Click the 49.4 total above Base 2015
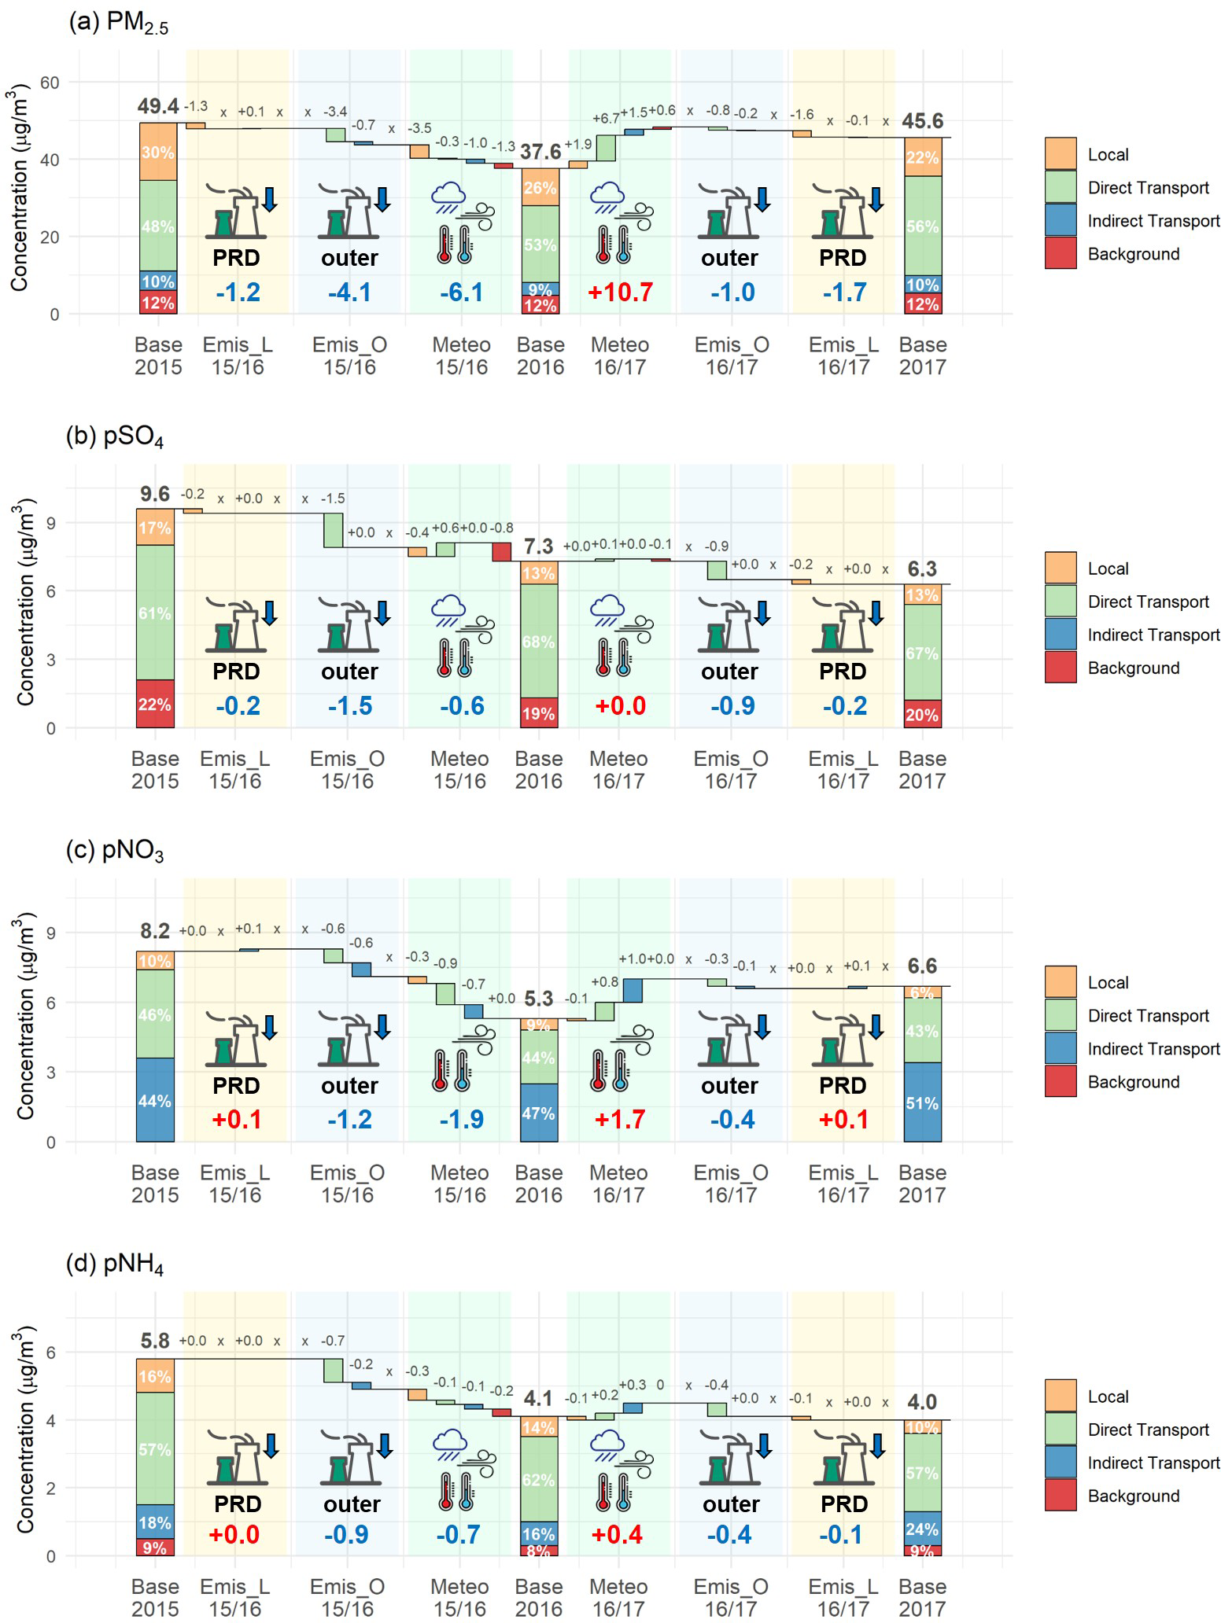pyautogui.click(x=158, y=106)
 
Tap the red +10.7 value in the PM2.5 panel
pyautogui.click(x=621, y=293)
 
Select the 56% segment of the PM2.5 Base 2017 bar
pyautogui.click(x=922, y=226)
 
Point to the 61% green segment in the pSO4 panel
pyautogui.click(x=155, y=613)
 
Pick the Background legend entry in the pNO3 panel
pyautogui.click(x=1133, y=1082)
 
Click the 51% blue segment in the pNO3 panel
pyautogui.click(x=922, y=1103)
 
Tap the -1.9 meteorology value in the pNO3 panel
pyautogui.click(x=461, y=1120)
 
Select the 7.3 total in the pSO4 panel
pyautogui.click(x=539, y=546)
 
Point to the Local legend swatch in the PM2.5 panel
pyautogui.click(x=1060, y=154)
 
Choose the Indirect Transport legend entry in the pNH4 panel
pyautogui.click(x=1153, y=1463)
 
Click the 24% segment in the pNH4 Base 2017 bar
pyautogui.click(x=922, y=1529)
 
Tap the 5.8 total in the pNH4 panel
pyautogui.click(x=155, y=1341)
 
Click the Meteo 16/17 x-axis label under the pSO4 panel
pyautogui.click(x=619, y=770)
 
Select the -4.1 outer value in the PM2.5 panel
pyautogui.click(x=349, y=293)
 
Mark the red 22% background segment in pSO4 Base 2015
pyautogui.click(x=155, y=705)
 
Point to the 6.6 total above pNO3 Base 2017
pyautogui.click(x=922, y=966)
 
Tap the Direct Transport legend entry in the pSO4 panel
pyautogui.click(x=1148, y=602)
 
